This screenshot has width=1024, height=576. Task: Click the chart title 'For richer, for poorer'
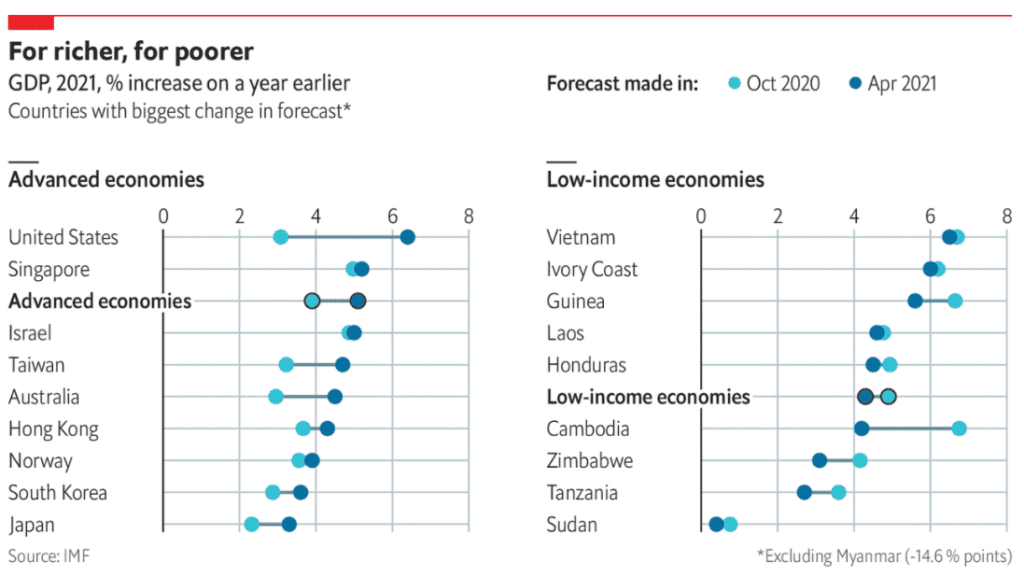131,50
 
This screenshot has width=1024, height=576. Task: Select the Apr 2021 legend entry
892,84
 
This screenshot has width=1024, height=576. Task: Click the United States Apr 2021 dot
407,237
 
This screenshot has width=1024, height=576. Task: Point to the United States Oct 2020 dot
281,237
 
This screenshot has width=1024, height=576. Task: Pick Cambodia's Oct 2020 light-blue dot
959,429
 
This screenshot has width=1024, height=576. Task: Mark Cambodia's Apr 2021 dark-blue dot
862,429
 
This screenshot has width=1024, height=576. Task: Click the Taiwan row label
36,365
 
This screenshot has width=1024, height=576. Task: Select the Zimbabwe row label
590,461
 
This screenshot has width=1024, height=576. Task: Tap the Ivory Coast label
592,269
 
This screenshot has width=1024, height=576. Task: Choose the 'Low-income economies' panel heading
655,180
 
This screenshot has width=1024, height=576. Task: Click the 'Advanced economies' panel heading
106,180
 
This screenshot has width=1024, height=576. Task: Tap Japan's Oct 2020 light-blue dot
252,524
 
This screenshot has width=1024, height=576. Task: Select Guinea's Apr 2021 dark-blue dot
915,301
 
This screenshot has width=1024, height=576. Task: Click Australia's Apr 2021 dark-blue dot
335,397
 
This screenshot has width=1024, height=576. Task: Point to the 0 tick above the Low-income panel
701,215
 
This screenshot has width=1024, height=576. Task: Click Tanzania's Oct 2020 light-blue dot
839,492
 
